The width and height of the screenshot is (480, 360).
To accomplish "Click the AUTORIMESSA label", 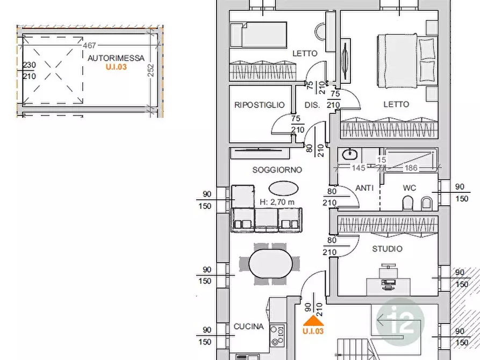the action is (x=116, y=58).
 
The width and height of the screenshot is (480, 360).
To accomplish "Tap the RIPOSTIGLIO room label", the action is (x=260, y=105).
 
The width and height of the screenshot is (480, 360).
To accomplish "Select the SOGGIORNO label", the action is (x=277, y=170).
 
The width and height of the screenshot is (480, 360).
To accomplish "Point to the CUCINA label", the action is (x=248, y=327).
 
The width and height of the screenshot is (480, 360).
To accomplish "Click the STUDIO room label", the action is (x=387, y=249).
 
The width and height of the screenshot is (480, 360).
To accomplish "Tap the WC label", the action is (x=409, y=188).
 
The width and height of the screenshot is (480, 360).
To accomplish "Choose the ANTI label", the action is (x=364, y=188).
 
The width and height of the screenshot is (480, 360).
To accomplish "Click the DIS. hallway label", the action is (x=312, y=105).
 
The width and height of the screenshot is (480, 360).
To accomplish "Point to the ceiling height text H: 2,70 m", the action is (x=277, y=203).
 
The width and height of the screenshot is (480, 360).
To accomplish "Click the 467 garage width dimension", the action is (x=89, y=46).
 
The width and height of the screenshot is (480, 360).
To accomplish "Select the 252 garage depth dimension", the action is (x=151, y=70).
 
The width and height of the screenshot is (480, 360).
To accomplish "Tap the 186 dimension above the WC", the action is (x=411, y=168).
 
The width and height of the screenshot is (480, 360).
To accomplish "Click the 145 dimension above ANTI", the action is (x=359, y=168).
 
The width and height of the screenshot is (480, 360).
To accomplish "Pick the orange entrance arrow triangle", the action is (x=313, y=321).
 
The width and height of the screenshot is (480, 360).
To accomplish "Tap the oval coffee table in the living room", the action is (x=283, y=188).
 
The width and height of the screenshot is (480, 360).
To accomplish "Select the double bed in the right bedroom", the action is (x=407, y=61).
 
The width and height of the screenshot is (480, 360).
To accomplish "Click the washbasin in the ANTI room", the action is (x=349, y=155).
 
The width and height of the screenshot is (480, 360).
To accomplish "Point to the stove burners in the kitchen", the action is (x=277, y=335).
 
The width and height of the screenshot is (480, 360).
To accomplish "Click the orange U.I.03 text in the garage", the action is (x=116, y=67).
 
